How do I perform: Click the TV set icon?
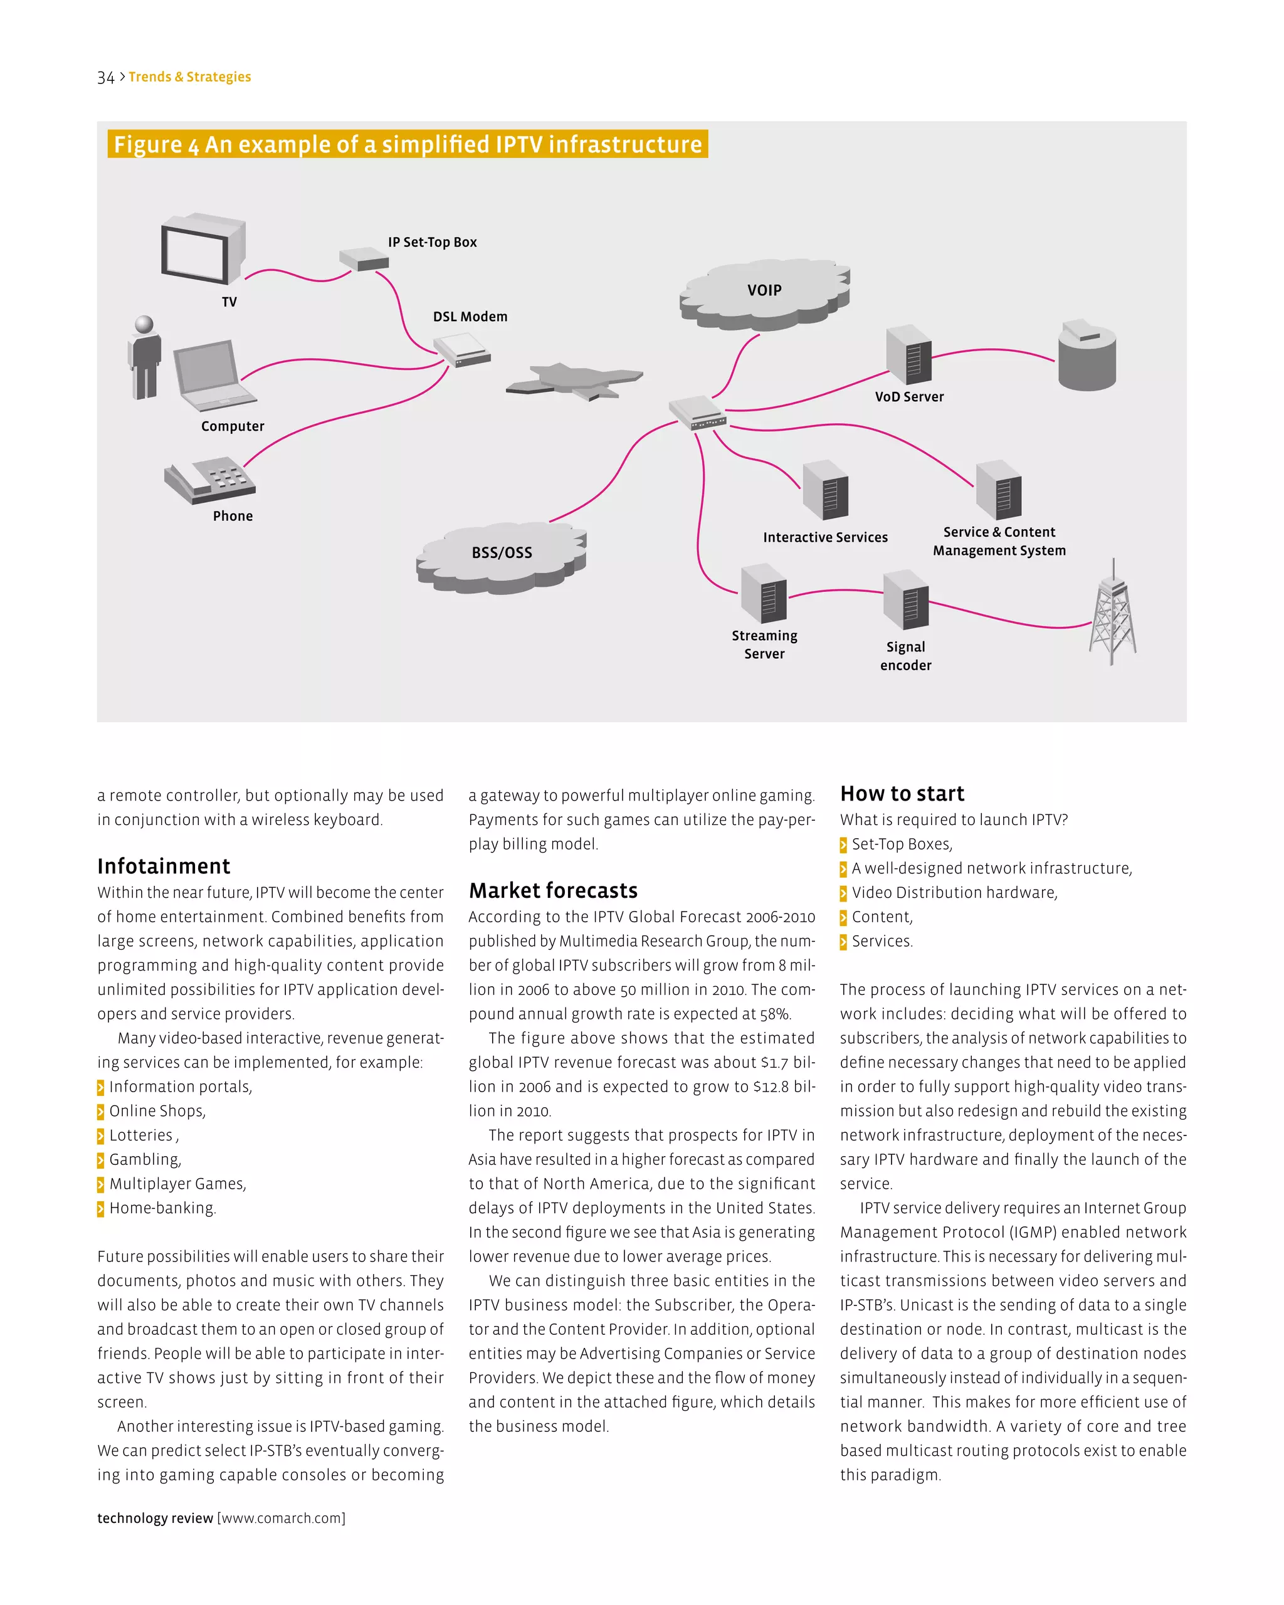pos(203,250)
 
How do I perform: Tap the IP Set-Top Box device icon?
pos(364,259)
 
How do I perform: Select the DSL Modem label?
pos(470,317)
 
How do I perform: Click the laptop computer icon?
pos(212,374)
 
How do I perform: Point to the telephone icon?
pos(210,478)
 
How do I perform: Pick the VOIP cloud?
pos(764,293)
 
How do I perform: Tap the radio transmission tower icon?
pos(1112,614)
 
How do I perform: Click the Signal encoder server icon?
pos(906,600)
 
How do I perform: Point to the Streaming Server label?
pos(764,645)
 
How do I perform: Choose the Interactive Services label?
pos(824,537)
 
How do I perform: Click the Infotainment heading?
pos(164,866)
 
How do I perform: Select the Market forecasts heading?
pos(553,891)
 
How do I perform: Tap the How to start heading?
pos(902,794)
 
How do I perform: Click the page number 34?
pos(106,77)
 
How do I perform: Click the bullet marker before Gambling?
pos(100,1160)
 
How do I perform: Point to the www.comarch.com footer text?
pos(281,1518)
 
